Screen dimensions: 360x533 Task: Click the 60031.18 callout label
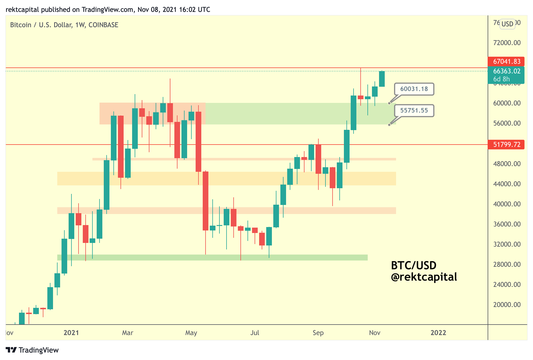414,89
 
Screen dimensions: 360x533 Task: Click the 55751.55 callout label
414,111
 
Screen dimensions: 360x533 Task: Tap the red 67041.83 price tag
506,62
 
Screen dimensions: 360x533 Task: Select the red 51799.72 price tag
506,145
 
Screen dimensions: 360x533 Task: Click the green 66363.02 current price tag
506,71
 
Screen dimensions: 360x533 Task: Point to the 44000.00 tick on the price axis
507,184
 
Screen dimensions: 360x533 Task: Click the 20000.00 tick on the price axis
507,305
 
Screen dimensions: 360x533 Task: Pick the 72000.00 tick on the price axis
507,43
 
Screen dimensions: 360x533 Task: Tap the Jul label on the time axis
255,333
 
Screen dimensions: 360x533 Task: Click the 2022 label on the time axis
438,333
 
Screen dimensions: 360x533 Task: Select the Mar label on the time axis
128,333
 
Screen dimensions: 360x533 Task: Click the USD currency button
507,24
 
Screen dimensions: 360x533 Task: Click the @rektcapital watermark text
424,277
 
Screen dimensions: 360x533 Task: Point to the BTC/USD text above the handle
414,266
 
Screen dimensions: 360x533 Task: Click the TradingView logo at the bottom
32,350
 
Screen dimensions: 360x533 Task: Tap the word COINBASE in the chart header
103,25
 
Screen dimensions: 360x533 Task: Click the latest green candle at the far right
382,79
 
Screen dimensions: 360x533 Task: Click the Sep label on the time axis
318,333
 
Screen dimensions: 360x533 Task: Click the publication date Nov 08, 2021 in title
157,10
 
